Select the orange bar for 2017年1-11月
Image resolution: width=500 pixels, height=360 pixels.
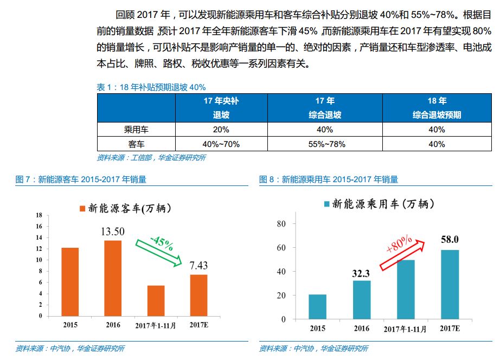156,300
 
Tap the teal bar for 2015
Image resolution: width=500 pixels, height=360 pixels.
317,306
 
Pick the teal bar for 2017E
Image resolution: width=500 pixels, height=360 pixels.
450,284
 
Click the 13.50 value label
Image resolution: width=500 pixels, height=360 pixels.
113,232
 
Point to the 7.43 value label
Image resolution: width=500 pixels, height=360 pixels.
198,266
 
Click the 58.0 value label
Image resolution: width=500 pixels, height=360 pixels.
450,239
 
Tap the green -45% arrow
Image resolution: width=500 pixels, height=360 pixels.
159,248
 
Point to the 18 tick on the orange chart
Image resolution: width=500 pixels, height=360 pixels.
39,215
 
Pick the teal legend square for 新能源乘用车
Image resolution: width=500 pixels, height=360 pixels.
326,204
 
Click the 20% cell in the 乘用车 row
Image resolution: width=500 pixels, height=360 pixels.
221,130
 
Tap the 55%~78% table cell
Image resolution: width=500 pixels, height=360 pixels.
324,144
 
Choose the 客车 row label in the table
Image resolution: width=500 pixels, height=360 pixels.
136,144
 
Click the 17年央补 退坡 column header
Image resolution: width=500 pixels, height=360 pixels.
221,108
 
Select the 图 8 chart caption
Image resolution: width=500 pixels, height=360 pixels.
329,179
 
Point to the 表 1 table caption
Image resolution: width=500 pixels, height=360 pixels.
151,87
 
